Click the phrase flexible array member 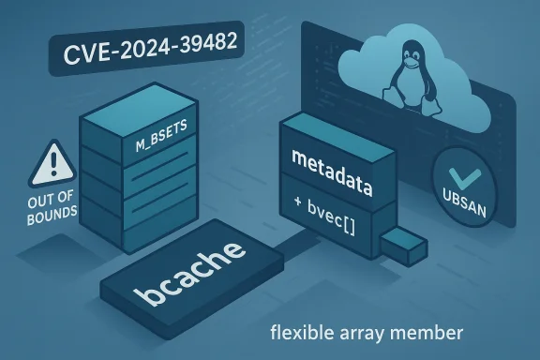(x=366, y=333)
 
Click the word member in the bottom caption (x=434, y=333)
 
